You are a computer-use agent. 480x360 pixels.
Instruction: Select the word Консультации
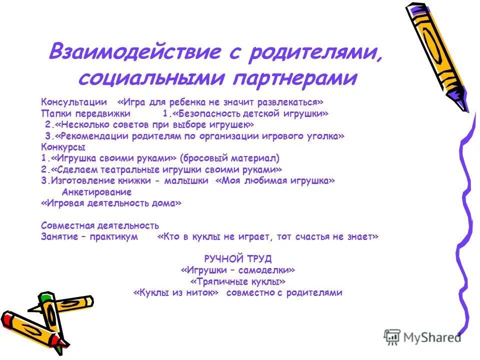(x=73, y=102)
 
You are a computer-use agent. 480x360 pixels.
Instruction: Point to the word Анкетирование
(x=96, y=192)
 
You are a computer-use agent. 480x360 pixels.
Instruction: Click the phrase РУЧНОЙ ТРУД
(x=238, y=258)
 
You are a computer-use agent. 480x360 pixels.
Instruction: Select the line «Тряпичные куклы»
(x=238, y=281)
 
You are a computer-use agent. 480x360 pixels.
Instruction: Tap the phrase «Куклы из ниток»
(x=176, y=293)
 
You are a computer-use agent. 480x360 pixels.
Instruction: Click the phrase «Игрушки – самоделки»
(x=238, y=270)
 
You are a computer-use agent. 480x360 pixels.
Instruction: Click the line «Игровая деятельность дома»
(x=111, y=203)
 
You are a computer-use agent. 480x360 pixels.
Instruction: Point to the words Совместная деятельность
(x=100, y=226)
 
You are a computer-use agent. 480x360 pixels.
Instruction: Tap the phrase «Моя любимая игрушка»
(x=275, y=181)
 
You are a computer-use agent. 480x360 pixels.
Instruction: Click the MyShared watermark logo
(x=422, y=337)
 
